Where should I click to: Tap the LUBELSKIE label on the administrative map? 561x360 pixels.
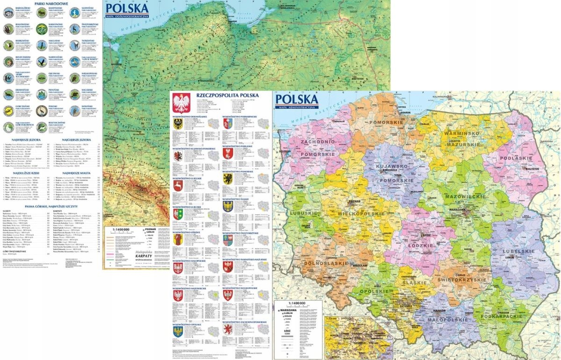[518, 251]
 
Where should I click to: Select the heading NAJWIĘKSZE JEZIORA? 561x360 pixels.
[27, 139]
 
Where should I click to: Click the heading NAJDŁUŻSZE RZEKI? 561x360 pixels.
[27, 173]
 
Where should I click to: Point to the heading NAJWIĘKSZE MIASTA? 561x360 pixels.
[76, 173]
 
